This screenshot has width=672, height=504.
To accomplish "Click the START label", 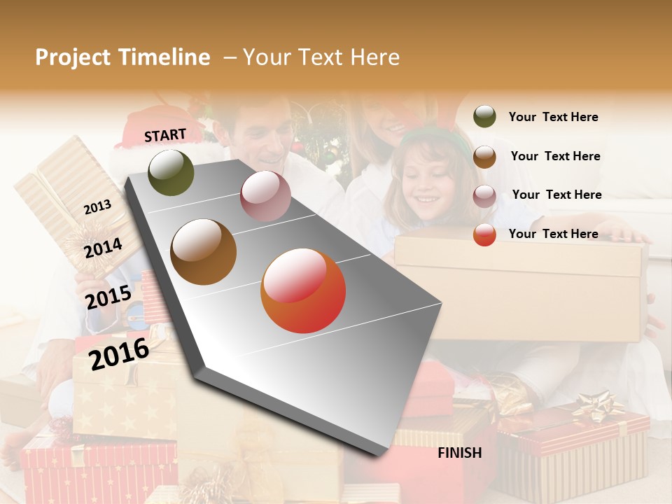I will [165, 135].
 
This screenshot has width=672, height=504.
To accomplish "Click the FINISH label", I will [459, 453].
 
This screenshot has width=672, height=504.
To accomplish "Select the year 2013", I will [97, 206].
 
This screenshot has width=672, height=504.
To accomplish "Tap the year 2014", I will [103, 248].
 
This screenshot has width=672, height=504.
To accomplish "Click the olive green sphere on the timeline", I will [171, 172].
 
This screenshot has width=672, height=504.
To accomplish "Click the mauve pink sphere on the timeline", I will [265, 196].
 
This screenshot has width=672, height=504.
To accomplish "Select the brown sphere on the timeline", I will [204, 252].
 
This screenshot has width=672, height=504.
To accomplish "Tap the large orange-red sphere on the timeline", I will [303, 290].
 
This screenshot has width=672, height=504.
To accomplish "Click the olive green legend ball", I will [484, 117].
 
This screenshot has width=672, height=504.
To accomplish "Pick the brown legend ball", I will [484, 157].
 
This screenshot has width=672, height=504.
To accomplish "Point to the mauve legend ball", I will [484, 196].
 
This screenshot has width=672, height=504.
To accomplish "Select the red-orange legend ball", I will [484, 234].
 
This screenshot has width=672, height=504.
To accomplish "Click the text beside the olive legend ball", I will [553, 117].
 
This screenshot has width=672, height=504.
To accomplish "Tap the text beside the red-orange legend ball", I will [553, 234].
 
